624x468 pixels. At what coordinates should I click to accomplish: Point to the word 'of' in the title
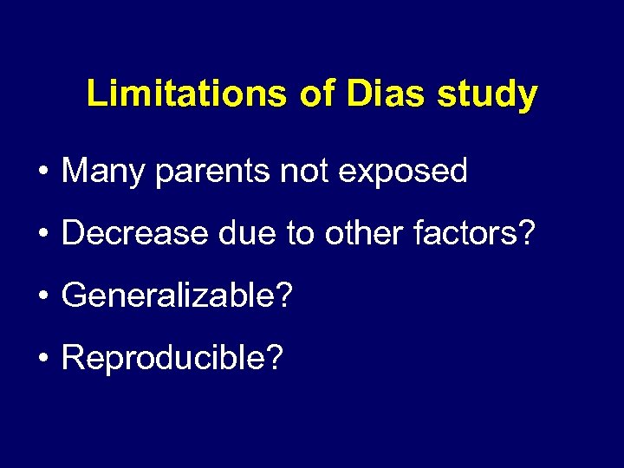(x=316, y=94)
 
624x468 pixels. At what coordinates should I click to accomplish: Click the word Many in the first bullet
(x=102, y=172)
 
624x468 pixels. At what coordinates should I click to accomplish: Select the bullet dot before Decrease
(x=42, y=235)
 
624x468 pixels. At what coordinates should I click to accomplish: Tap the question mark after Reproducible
(x=275, y=357)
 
